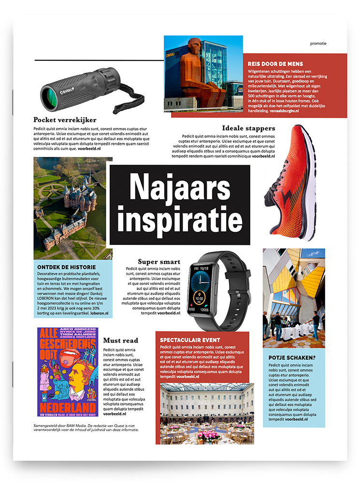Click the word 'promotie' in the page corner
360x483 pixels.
[318, 43]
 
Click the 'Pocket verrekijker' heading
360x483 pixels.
[65, 120]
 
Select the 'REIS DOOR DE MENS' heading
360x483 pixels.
[275, 64]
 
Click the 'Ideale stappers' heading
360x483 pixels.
[248, 128]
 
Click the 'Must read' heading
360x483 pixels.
[120, 341]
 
